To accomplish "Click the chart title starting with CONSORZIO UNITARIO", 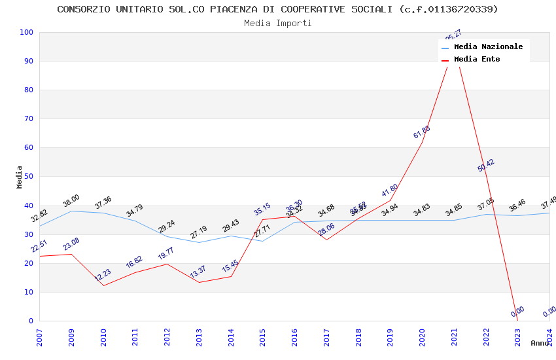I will click(277, 9).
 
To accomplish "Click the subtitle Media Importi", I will click(277, 23).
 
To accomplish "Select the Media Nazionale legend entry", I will click(488, 47).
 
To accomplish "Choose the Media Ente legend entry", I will click(477, 60).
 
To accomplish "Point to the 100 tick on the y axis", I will click(26, 33).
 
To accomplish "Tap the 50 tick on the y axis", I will click(28, 177).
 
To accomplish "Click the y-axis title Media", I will click(20, 177).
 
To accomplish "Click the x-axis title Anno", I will click(540, 343).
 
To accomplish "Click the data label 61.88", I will click(422, 132).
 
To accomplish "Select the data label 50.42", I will click(486, 166).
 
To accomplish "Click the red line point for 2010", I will click(103, 285).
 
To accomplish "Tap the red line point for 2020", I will click(422, 143).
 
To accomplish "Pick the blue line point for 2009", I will click(71, 211).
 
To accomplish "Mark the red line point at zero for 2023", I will click(517, 321).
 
